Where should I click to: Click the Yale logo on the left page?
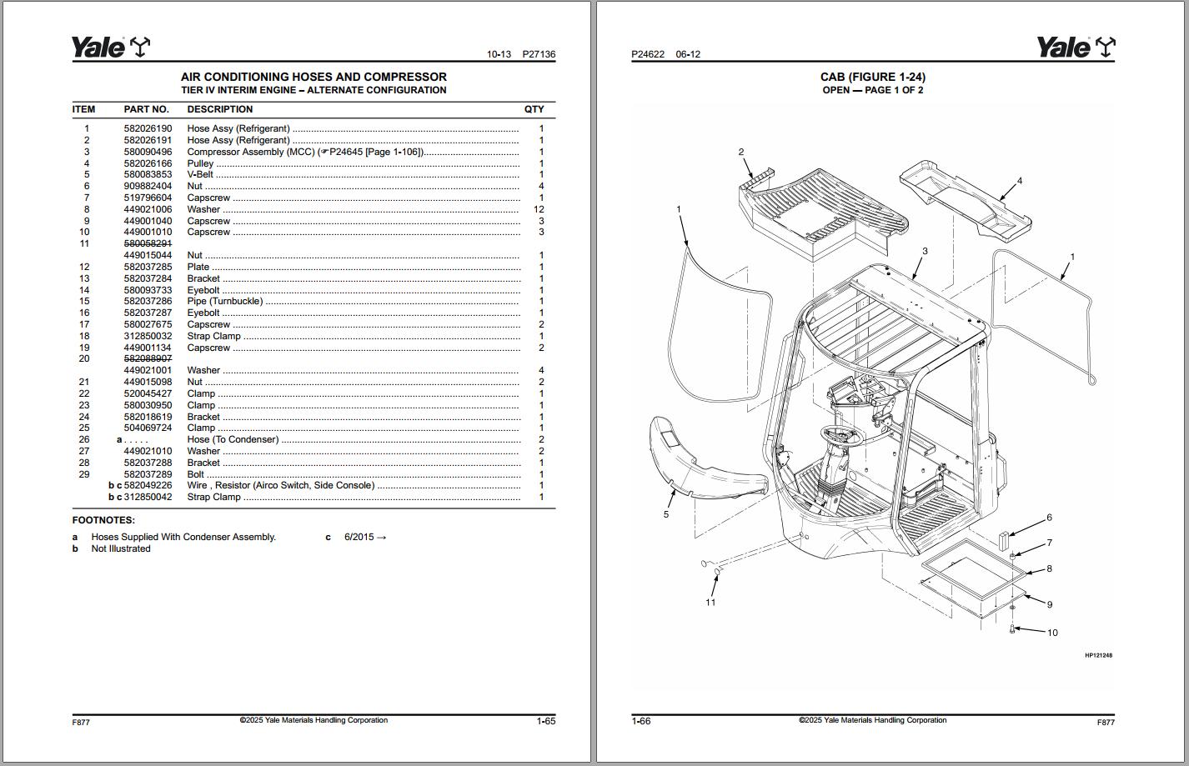[x=110, y=48]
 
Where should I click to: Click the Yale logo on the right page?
[x=1076, y=48]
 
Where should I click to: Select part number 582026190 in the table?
[x=148, y=128]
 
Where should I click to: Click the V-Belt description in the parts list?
[x=200, y=175]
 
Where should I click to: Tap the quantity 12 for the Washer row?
[x=538, y=209]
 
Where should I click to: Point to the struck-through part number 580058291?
[x=148, y=243]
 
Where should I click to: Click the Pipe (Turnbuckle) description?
[x=224, y=302]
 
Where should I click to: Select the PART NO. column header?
[x=146, y=109]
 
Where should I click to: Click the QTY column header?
[x=534, y=109]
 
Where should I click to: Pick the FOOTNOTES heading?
[x=103, y=520]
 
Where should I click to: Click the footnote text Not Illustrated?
[x=121, y=548]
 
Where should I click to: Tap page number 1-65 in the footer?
[x=545, y=721]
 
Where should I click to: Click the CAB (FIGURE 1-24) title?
[x=872, y=77]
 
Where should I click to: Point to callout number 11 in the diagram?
[x=710, y=602]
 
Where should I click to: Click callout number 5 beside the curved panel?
[x=665, y=514]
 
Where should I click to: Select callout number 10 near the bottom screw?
[x=1051, y=633]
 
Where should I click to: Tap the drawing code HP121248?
[x=1098, y=655]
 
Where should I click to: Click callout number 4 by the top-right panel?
[x=1019, y=180]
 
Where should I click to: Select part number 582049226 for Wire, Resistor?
[x=148, y=485]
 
